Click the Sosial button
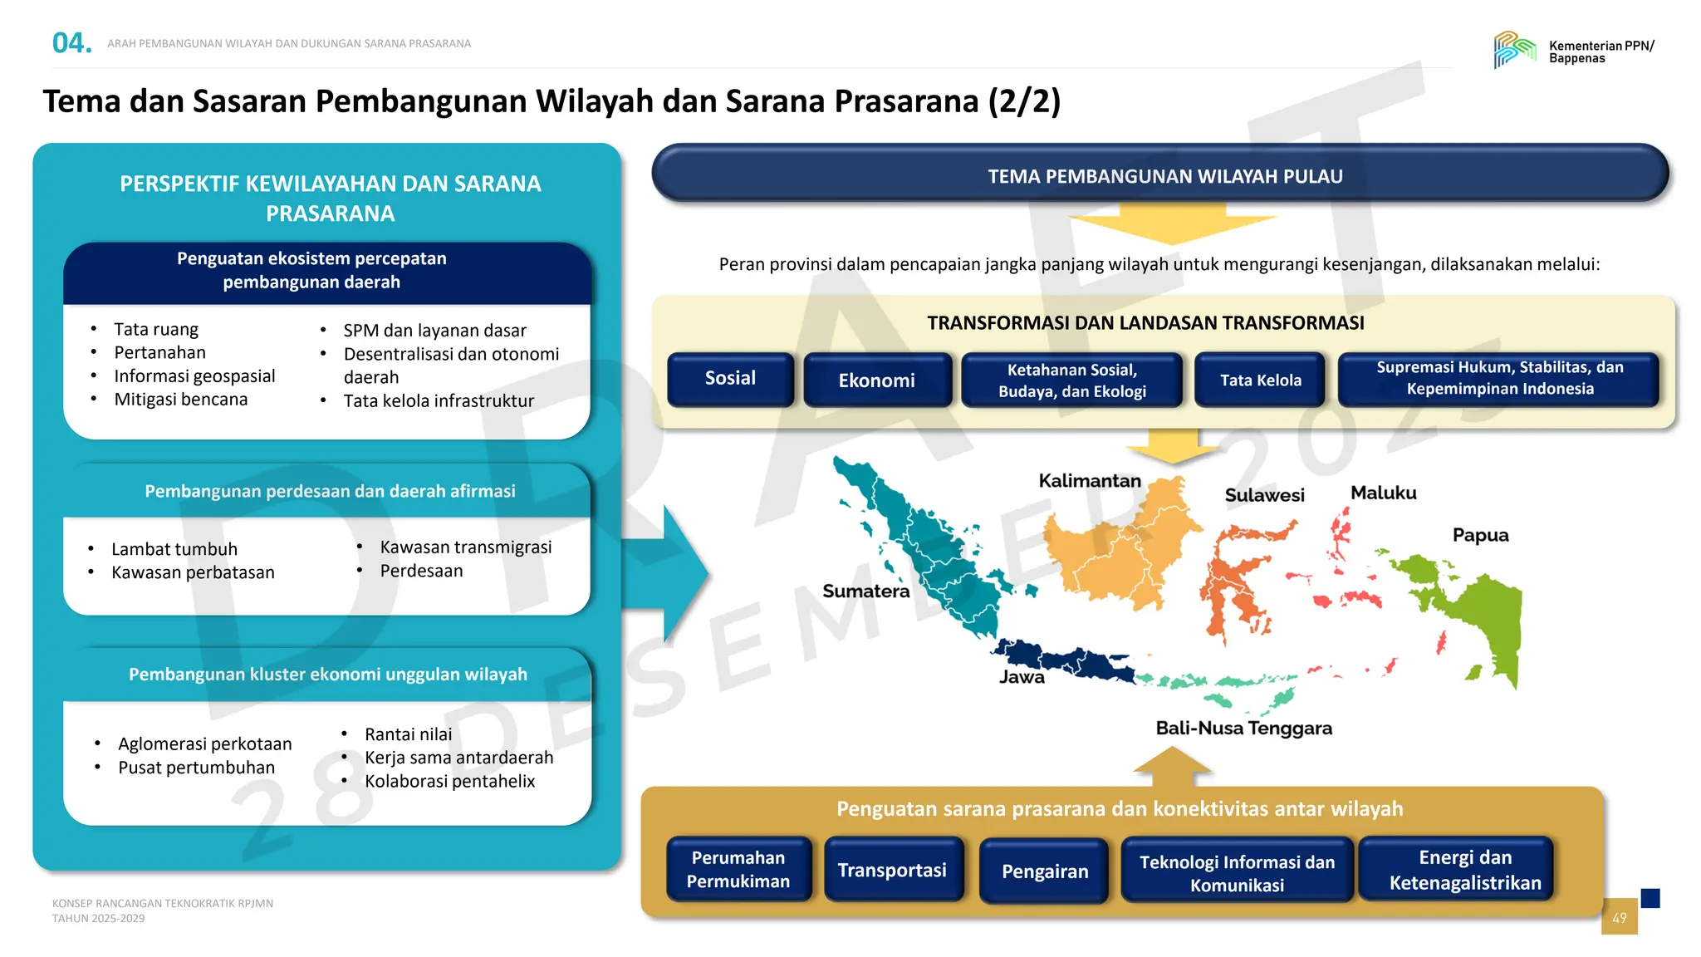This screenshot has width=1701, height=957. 730,379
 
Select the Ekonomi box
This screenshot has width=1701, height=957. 876,380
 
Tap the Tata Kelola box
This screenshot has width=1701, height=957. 1260,380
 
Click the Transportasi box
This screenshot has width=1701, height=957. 892,870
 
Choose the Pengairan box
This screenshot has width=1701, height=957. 1044,871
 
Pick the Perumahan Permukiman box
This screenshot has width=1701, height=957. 738,869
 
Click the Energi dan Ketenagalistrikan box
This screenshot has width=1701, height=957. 1464,870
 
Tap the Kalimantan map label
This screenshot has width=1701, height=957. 1089,481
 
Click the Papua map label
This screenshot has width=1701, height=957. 1480,535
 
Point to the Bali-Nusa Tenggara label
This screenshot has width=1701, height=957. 1243,729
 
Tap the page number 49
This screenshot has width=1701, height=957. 1619,918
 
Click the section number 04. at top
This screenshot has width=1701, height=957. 71,43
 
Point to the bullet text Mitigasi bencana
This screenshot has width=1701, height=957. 181,400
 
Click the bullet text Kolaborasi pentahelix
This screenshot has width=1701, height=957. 449,781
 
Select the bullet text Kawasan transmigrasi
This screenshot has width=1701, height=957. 465,547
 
